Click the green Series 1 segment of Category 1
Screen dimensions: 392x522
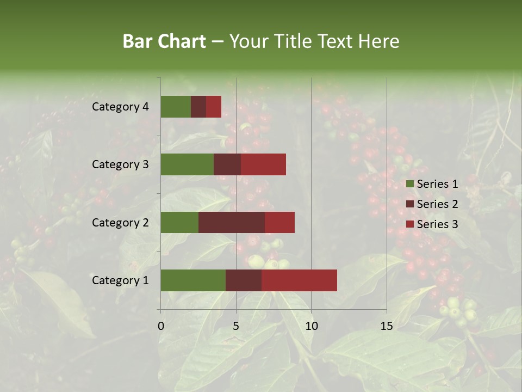coord(193,280)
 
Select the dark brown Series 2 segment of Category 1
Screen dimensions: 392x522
coord(244,280)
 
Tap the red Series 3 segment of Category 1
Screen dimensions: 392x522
coord(299,280)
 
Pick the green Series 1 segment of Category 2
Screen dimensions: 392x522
coord(179,222)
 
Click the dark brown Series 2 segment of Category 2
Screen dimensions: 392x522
coord(232,222)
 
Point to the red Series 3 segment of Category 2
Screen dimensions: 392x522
coord(279,222)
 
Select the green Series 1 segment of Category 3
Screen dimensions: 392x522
coord(187,164)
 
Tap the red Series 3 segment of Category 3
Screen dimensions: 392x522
coord(263,164)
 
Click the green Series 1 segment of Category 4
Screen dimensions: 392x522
coord(176,107)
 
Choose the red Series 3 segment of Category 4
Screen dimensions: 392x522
coord(214,107)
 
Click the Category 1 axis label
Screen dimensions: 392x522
coord(120,280)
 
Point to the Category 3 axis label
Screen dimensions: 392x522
coord(120,164)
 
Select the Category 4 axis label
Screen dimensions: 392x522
coord(120,107)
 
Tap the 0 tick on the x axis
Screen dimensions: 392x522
coord(161,327)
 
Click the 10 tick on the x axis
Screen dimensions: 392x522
coord(311,327)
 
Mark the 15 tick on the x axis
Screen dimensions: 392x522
coord(387,327)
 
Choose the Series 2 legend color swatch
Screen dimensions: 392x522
coord(410,204)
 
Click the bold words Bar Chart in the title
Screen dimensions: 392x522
coord(164,41)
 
